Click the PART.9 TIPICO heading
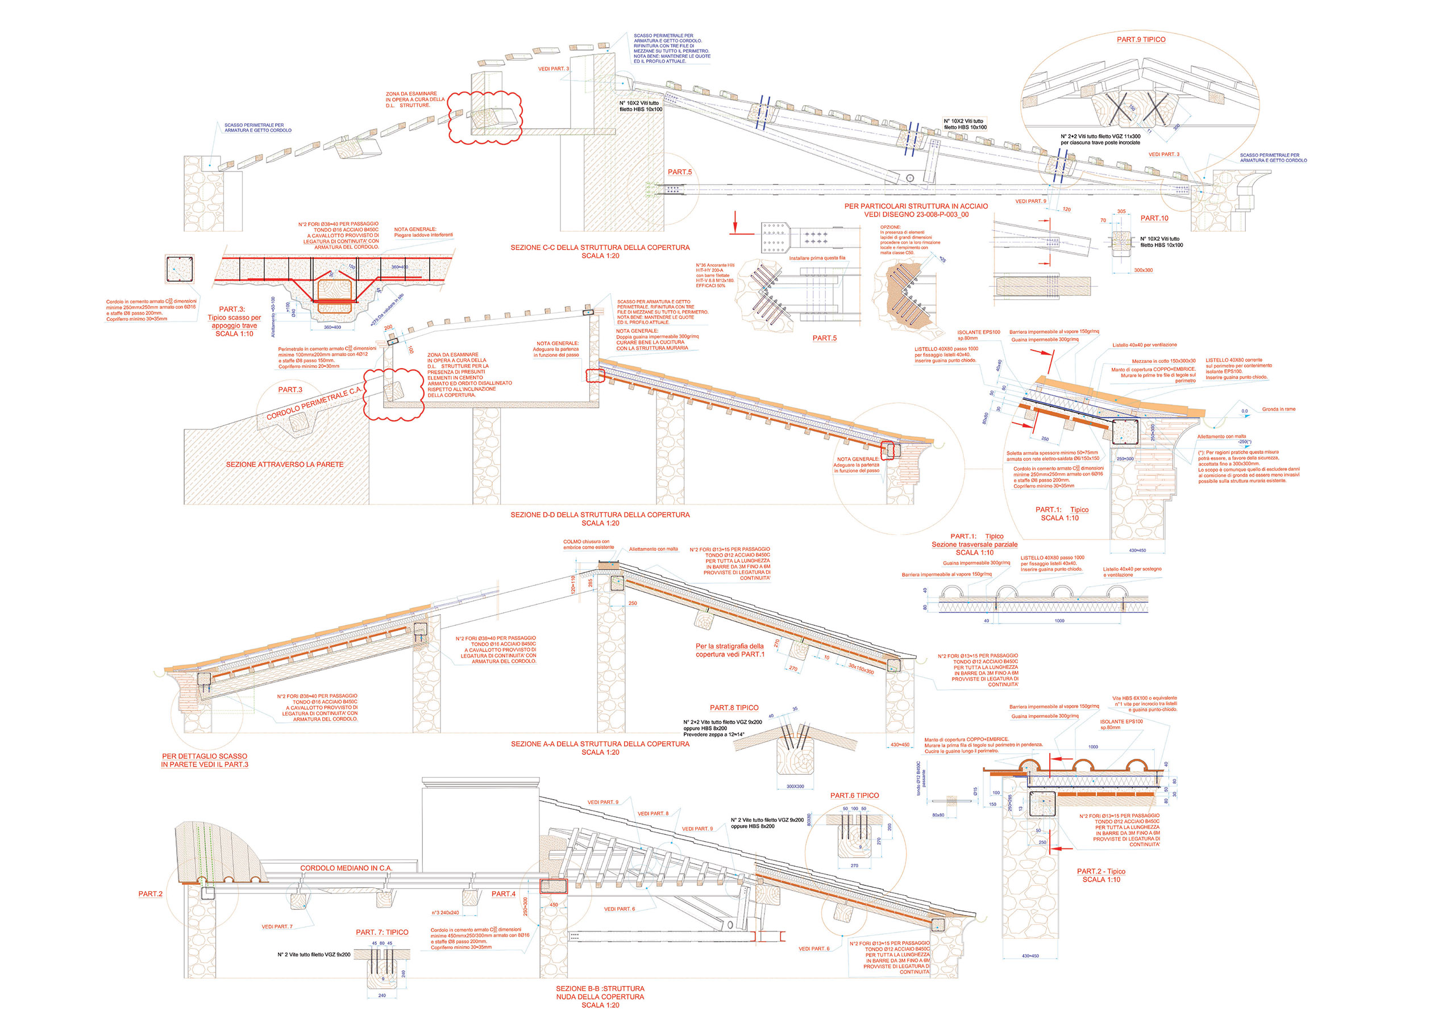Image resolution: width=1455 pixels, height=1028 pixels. (x=1141, y=39)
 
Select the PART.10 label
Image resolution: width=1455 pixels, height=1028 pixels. (x=1154, y=219)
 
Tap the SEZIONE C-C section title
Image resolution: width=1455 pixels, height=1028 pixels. (x=600, y=248)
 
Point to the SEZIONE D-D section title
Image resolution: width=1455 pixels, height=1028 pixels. (x=600, y=515)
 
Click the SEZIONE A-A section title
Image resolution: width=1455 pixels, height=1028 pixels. (x=600, y=744)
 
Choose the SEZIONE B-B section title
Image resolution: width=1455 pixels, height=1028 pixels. (x=600, y=989)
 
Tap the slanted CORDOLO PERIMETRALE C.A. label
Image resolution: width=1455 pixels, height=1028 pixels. (x=313, y=403)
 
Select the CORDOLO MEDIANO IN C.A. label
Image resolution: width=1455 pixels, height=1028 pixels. (x=346, y=868)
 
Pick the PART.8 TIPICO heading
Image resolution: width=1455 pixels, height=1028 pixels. (x=734, y=708)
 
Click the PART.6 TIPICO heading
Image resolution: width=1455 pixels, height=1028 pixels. (x=854, y=796)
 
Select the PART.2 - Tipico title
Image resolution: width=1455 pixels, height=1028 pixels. (x=1101, y=872)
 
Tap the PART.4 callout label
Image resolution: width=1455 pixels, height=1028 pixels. (x=503, y=895)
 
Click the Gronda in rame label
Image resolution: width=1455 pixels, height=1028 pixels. (x=1278, y=409)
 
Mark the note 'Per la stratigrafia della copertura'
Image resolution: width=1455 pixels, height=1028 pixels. (x=729, y=650)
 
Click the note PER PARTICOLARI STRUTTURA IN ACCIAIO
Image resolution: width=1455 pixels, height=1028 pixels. (x=916, y=207)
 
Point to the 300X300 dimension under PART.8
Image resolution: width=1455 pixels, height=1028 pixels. (x=795, y=787)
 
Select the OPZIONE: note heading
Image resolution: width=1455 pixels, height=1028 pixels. (x=889, y=227)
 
